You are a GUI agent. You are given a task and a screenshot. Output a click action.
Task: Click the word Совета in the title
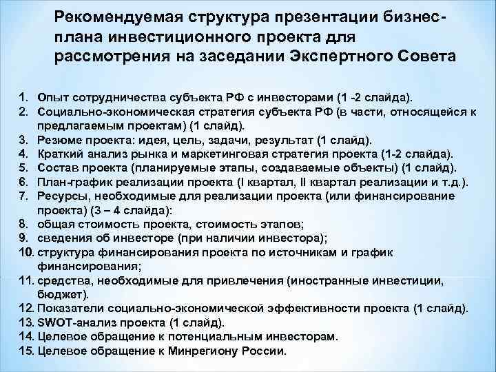click(x=432, y=55)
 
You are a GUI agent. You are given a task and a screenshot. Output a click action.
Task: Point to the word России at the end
click(x=261, y=351)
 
